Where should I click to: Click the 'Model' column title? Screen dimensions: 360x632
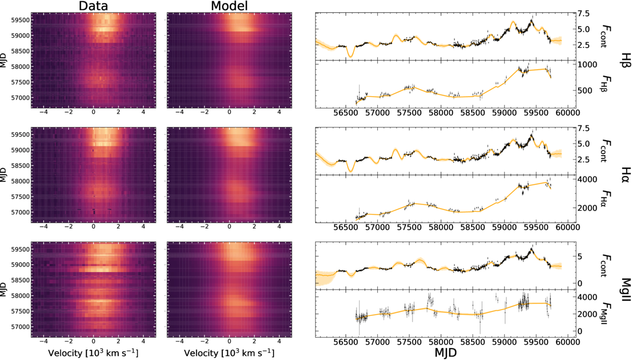[x=229, y=6]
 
